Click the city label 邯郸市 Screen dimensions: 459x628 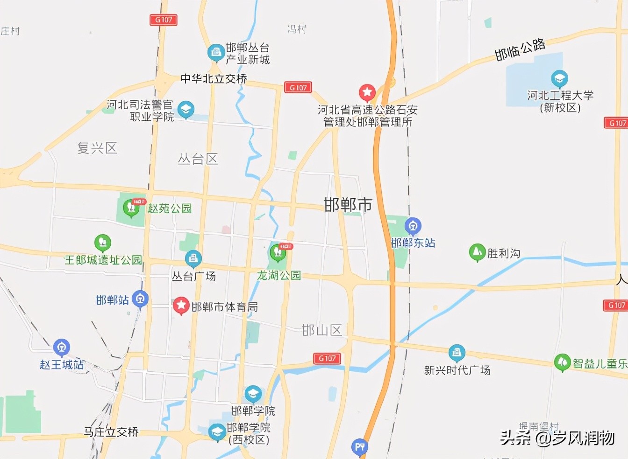(x=348, y=205)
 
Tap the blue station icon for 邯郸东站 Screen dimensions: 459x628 (x=413, y=226)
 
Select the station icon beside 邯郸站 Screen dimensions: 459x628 (x=140, y=299)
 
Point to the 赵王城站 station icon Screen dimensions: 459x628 (x=61, y=347)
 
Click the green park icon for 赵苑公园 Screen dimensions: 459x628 (x=131, y=208)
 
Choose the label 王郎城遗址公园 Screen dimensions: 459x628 (x=103, y=260)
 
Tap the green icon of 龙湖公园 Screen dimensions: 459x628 (x=278, y=253)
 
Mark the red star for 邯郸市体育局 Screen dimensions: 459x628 (x=181, y=306)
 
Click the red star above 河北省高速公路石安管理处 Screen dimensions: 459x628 (x=367, y=93)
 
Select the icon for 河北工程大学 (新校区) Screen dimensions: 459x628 (x=559, y=79)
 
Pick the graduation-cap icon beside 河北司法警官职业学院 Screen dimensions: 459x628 (x=186, y=110)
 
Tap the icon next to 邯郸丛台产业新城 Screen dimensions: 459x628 (x=216, y=53)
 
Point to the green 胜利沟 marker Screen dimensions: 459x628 (x=477, y=252)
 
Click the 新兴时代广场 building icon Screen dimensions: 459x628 (x=457, y=353)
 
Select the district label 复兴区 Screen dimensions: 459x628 (x=97, y=148)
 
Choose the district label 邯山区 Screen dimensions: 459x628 (x=322, y=330)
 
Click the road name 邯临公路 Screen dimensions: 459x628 (x=520, y=50)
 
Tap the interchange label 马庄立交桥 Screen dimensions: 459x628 (x=111, y=432)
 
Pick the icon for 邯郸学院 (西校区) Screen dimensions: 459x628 (x=217, y=432)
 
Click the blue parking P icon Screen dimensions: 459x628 (x=359, y=447)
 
